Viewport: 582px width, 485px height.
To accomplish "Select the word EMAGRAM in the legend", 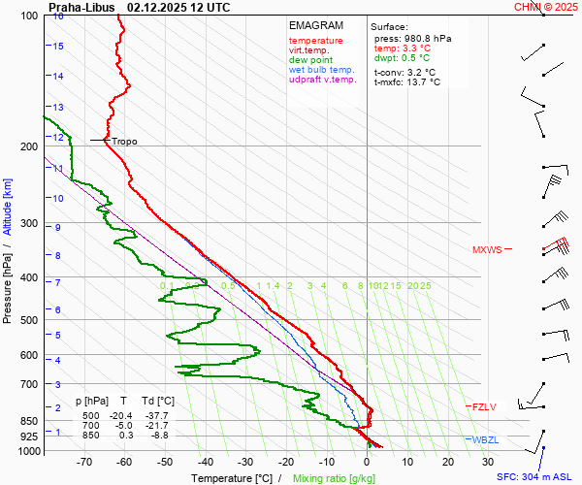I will click(x=316, y=25).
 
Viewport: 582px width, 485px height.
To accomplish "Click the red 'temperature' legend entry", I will click(x=315, y=41).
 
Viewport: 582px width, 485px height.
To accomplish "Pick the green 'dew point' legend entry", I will click(x=310, y=60).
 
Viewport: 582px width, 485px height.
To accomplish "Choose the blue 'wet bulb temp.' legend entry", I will click(x=322, y=70).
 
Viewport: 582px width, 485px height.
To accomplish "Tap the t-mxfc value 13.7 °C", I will click(x=423, y=82).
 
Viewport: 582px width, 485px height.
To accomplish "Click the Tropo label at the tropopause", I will click(x=124, y=142).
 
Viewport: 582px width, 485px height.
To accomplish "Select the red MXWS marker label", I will click(x=487, y=250).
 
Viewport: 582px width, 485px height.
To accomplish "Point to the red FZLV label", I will click(x=483, y=406).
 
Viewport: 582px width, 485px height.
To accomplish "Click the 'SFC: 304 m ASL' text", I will click(x=533, y=477).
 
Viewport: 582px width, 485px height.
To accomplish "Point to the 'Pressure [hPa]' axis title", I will click(x=8, y=277).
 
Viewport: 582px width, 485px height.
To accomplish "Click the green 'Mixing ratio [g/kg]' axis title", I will click(x=335, y=478).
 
